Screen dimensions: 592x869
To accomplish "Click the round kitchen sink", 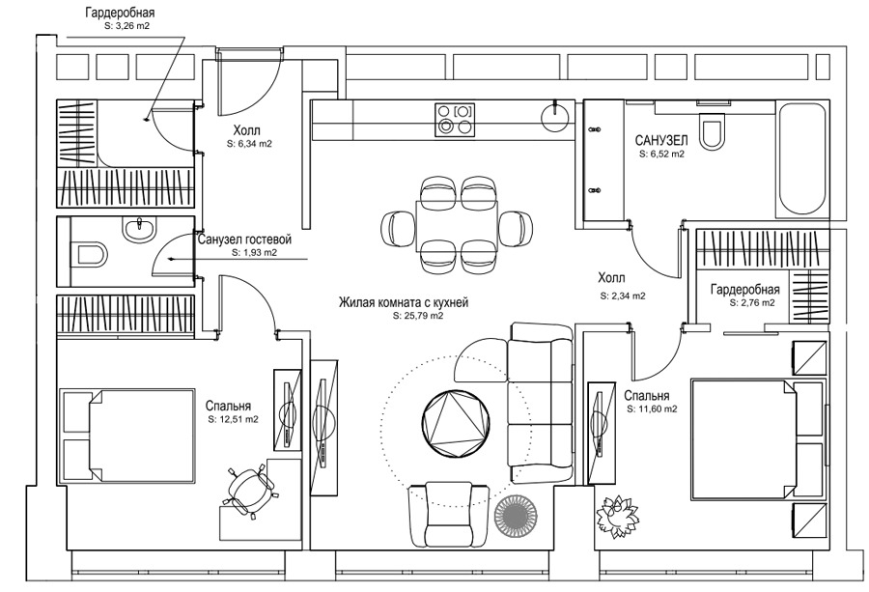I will tap(557, 117).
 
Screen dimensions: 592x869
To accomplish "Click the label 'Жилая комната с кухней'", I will tap(403, 303).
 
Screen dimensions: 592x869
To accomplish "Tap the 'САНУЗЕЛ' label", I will tap(661, 140).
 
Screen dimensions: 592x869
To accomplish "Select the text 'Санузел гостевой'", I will tap(244, 240).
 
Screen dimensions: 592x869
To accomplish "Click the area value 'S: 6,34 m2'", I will tap(249, 143).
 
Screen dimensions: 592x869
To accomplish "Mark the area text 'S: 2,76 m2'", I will tap(751, 302).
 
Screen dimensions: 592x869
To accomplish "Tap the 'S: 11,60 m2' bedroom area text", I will tap(652, 409).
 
